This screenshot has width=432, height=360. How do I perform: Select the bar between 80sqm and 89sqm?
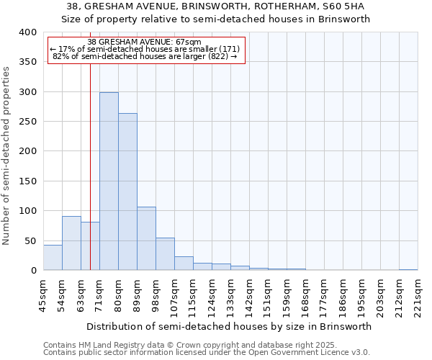click(x=127, y=192)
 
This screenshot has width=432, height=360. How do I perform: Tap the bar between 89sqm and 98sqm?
click(x=146, y=238)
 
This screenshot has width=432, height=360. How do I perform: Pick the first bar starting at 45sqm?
click(x=53, y=258)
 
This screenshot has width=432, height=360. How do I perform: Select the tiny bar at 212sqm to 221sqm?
click(x=408, y=269)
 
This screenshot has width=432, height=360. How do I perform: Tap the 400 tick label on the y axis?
click(x=27, y=32)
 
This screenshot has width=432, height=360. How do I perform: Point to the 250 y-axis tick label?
click(x=27, y=122)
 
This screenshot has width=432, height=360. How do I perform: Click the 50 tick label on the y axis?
click(x=30, y=240)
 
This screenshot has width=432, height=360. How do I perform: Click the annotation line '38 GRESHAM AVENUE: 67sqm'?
click(x=145, y=42)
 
